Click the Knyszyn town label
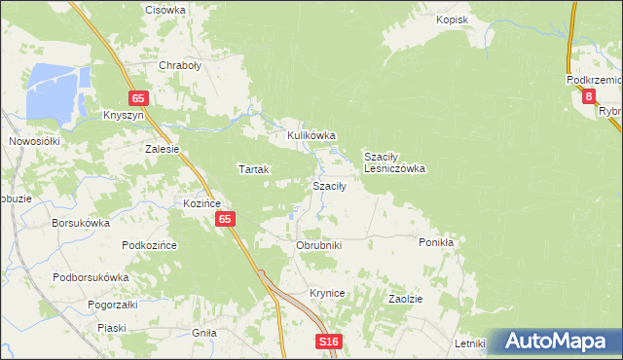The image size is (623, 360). click(124, 115)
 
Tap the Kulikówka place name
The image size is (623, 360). click(311, 135)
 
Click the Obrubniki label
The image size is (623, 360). click(318, 246)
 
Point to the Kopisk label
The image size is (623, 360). click(453, 19)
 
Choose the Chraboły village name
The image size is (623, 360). click(179, 67)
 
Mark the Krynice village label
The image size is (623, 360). click(328, 293)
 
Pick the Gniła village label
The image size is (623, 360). click(204, 333)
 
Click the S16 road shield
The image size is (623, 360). click(329, 342)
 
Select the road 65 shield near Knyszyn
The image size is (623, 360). click(139, 98)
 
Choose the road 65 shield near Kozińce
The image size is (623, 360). click(225, 220)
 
